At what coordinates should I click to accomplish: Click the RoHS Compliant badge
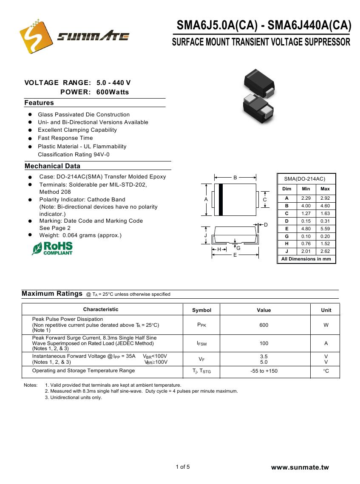pos(52,249)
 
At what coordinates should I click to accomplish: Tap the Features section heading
pos(39,103)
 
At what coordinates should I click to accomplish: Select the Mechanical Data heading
pos(52,166)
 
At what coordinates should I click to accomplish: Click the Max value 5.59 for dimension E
pos(325,229)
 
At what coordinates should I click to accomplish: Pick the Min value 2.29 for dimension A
pos(306,198)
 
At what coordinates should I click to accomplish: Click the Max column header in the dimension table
pos(325,189)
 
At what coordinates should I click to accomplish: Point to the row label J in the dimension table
pos(287,252)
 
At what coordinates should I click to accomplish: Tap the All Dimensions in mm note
pos(306,259)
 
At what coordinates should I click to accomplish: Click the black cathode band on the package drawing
pos(221,200)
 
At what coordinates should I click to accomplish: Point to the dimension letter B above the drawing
pos(235,178)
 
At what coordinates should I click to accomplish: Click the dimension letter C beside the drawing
pos(264,200)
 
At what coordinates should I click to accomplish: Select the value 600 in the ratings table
pos(264,325)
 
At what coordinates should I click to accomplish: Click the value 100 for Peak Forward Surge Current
pos(264,343)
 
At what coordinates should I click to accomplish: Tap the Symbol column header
pos(201,310)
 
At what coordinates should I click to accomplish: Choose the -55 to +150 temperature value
pos(264,371)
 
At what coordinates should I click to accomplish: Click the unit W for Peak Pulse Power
pos(326,325)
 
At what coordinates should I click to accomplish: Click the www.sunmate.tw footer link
pos(300,467)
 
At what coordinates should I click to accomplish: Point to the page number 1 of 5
pos(183,467)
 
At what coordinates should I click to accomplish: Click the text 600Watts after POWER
pos(113,92)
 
